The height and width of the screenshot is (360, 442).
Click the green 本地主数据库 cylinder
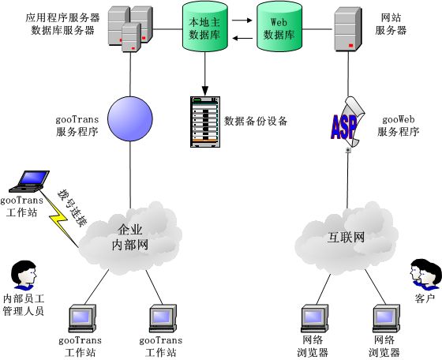(x=205, y=27)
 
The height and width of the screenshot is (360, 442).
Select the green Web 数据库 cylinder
(x=279, y=27)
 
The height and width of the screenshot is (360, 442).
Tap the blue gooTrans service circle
(x=130, y=118)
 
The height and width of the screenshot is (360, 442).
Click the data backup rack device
(x=205, y=122)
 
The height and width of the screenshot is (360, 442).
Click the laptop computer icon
(x=29, y=181)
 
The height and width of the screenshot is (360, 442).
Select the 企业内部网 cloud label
(x=130, y=238)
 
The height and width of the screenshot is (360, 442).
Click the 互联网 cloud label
(x=346, y=238)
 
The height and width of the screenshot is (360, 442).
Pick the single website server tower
(x=348, y=29)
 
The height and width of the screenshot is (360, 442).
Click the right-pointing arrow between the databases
(x=242, y=21)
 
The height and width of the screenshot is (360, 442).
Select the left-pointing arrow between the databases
(x=242, y=39)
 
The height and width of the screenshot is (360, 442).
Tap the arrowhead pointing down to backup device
(x=205, y=91)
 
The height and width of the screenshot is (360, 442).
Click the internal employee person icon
(x=24, y=275)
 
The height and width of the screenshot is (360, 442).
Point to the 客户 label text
(x=425, y=298)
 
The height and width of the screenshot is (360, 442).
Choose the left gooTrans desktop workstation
(x=82, y=319)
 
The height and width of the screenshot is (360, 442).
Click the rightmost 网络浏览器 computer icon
(x=386, y=319)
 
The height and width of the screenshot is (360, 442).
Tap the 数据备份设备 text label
(x=256, y=121)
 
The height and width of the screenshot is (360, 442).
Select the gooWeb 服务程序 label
(x=399, y=126)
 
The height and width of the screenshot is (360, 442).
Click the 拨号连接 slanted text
(x=72, y=208)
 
